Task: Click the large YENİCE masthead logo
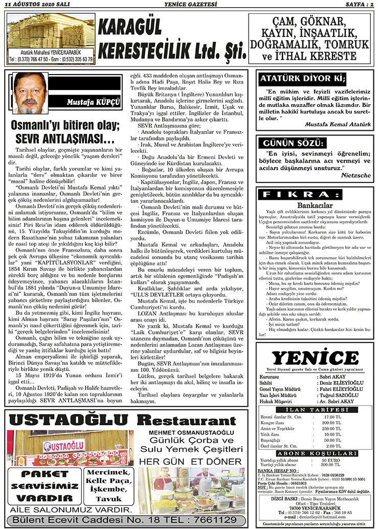point(315,358)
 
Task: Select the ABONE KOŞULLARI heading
point(315,453)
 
